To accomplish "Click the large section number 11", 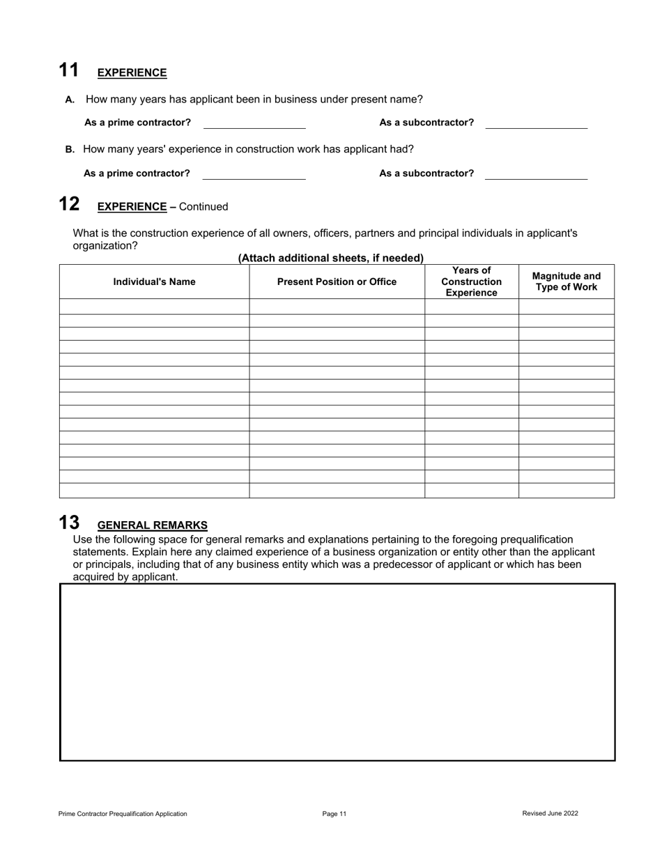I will (x=68, y=70).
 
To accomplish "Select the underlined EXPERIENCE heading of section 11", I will (x=132, y=73).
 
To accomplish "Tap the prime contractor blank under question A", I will (x=254, y=123).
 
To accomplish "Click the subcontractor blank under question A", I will (x=536, y=123).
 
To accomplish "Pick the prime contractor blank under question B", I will (x=254, y=173).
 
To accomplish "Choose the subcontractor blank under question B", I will (x=536, y=173).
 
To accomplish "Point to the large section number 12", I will (x=68, y=204).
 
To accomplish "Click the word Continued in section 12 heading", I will (x=203, y=207).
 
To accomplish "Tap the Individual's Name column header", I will (x=154, y=281).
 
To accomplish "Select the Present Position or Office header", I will (x=337, y=281).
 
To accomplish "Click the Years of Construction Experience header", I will (x=471, y=281).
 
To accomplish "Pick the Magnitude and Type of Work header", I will (x=566, y=281).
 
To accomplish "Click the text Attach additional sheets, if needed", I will (x=330, y=258).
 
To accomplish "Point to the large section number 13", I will (x=68, y=523).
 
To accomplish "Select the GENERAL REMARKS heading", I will (x=152, y=525).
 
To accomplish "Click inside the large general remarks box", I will (x=337, y=672).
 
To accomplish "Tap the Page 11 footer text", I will (x=334, y=813).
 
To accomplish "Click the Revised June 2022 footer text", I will (x=550, y=813).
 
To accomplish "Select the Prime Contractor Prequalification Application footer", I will (x=123, y=813).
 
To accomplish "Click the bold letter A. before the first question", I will (x=70, y=100).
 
